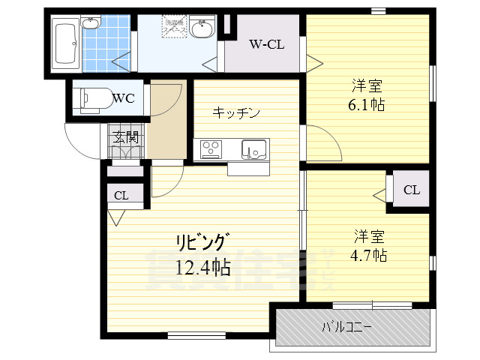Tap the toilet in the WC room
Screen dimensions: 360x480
click(x=91, y=97)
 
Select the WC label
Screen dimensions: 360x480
click(x=123, y=97)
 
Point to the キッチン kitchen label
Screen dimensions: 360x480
click(x=236, y=113)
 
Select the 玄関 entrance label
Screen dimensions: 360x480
click(x=125, y=136)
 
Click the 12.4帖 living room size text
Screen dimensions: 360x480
click(x=202, y=265)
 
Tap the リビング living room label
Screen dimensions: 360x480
click(x=202, y=242)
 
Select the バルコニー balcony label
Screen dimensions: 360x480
click(x=346, y=327)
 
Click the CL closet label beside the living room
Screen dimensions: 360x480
click(x=121, y=196)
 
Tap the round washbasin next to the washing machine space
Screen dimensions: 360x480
click(x=201, y=30)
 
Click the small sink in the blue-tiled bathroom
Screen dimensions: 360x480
click(x=91, y=23)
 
